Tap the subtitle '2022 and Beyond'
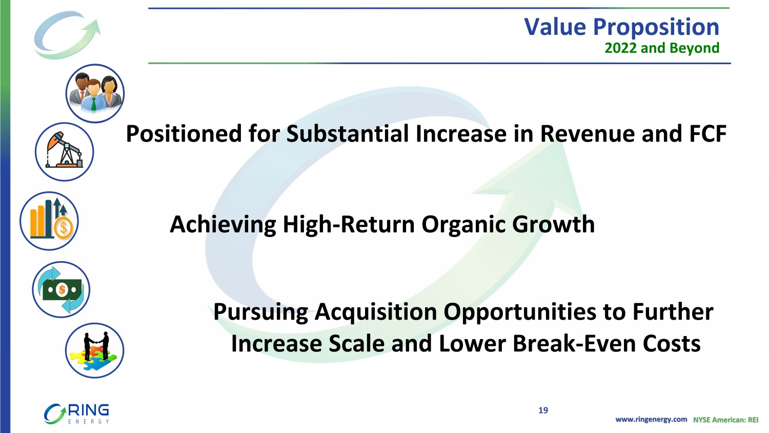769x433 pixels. pos(662,48)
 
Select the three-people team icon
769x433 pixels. pos(95,93)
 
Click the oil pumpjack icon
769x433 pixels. pos(64,152)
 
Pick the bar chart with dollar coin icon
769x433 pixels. pos(49,221)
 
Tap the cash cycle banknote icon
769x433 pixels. pos(61,289)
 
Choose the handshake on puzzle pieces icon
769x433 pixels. pos(95,351)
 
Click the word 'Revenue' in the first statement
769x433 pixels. pos(588,133)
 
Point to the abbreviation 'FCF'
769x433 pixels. pos(707,133)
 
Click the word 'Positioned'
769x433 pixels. pos(184,133)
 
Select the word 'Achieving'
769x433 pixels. pos(223,224)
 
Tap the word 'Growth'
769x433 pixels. pos(553,224)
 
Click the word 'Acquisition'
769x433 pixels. pos(376,312)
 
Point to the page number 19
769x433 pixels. pos(543,410)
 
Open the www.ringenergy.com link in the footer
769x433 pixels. pos(651,420)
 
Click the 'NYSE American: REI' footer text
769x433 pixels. pos(725,420)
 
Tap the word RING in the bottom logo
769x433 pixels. pos(89,410)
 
